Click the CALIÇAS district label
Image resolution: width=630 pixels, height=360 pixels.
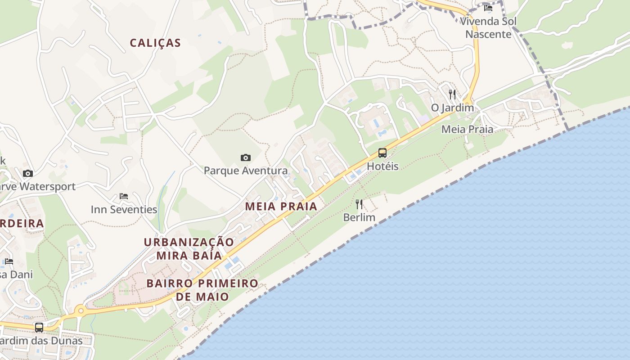click(x=155, y=43)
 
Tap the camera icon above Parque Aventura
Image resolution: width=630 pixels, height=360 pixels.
click(x=245, y=157)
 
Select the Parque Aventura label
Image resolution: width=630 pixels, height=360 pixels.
click(x=246, y=171)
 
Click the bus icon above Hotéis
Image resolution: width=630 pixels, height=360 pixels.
click(x=382, y=153)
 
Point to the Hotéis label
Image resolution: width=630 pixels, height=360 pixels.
click(x=382, y=166)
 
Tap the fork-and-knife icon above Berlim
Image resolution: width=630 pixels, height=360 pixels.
click(x=359, y=204)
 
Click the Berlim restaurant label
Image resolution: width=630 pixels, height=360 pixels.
click(x=359, y=217)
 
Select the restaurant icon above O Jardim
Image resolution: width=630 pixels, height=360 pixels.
click(x=452, y=94)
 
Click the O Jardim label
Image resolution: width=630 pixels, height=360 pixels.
click(x=452, y=108)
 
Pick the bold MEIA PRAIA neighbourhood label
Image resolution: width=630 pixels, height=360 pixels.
click(x=281, y=206)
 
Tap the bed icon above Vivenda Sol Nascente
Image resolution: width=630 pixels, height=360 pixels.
click(x=488, y=8)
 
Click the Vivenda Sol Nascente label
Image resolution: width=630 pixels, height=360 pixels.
click(x=488, y=27)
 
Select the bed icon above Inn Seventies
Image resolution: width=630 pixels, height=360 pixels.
click(x=124, y=196)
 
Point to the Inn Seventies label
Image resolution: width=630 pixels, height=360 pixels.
click(x=124, y=209)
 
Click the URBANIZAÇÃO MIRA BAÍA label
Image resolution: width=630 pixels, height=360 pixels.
click(x=189, y=249)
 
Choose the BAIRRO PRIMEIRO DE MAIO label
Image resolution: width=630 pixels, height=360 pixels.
click(x=202, y=290)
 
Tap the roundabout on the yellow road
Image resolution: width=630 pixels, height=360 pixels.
click(x=80, y=310)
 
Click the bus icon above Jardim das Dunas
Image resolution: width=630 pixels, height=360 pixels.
click(x=39, y=327)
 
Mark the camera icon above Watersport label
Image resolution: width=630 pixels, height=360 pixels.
click(x=28, y=173)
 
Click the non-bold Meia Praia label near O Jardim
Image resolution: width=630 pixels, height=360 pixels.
click(x=467, y=129)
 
